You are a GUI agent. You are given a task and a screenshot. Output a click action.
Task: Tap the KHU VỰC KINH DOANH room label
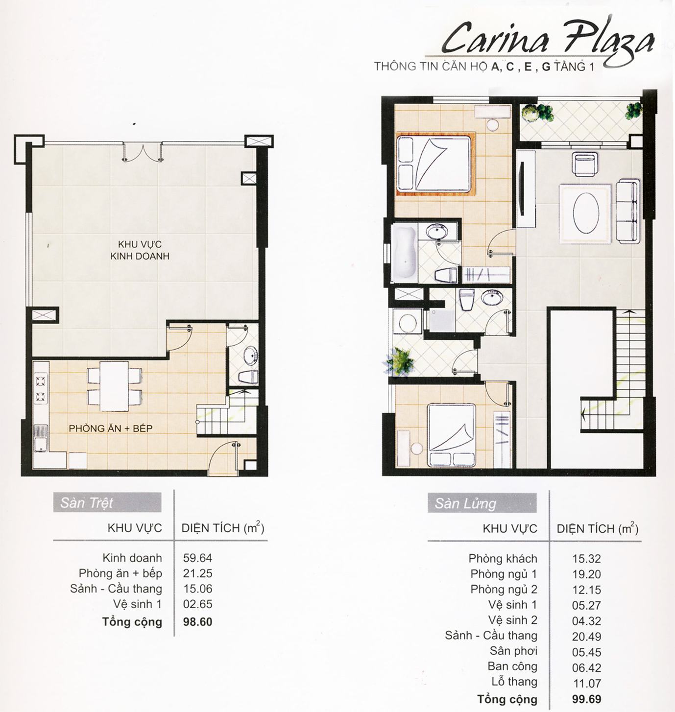[140, 250]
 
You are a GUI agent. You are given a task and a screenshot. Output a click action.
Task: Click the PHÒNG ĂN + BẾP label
[111, 428]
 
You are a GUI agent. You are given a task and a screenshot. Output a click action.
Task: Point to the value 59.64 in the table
[197, 558]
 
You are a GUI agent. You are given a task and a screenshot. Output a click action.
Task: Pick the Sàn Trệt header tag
[107, 503]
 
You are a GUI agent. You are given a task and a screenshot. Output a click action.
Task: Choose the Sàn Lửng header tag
[482, 503]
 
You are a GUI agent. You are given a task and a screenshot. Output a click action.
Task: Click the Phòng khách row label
[503, 558]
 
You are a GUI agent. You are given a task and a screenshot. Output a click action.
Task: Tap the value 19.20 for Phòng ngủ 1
[587, 574]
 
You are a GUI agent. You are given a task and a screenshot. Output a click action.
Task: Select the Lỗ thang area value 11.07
[587, 684]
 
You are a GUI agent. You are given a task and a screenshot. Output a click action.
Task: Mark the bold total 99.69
[587, 699]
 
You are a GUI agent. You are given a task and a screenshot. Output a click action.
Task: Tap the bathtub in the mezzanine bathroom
[405, 253]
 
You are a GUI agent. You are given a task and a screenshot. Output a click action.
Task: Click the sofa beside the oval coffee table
[627, 211]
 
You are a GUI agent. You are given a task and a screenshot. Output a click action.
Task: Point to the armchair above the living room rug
[584, 165]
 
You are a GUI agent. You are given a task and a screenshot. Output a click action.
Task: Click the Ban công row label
[512, 666]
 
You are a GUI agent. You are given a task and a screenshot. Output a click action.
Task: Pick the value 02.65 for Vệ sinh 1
[198, 604]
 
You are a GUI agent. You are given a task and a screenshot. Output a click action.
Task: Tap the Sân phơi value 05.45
[587, 652]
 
